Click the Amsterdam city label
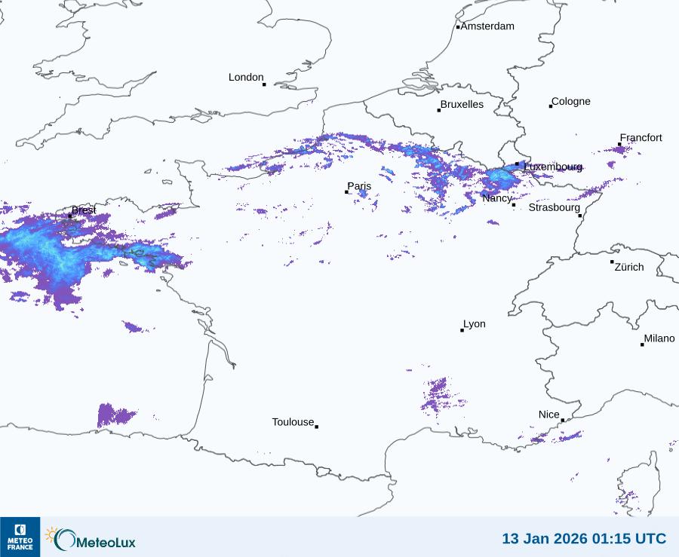(x=487, y=26)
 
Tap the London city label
(x=246, y=78)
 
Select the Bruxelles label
(x=462, y=105)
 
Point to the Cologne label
(x=571, y=102)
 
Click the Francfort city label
(x=641, y=138)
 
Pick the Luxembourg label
(x=553, y=167)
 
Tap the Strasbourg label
(x=554, y=207)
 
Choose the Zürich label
(x=629, y=267)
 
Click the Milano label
(x=659, y=339)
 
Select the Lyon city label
(x=475, y=324)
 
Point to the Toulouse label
(x=293, y=422)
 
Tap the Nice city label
(x=549, y=415)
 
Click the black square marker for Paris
(x=347, y=192)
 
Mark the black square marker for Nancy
(x=514, y=205)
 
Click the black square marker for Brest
(x=70, y=216)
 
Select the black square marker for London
(x=264, y=84)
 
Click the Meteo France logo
(x=20, y=537)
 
